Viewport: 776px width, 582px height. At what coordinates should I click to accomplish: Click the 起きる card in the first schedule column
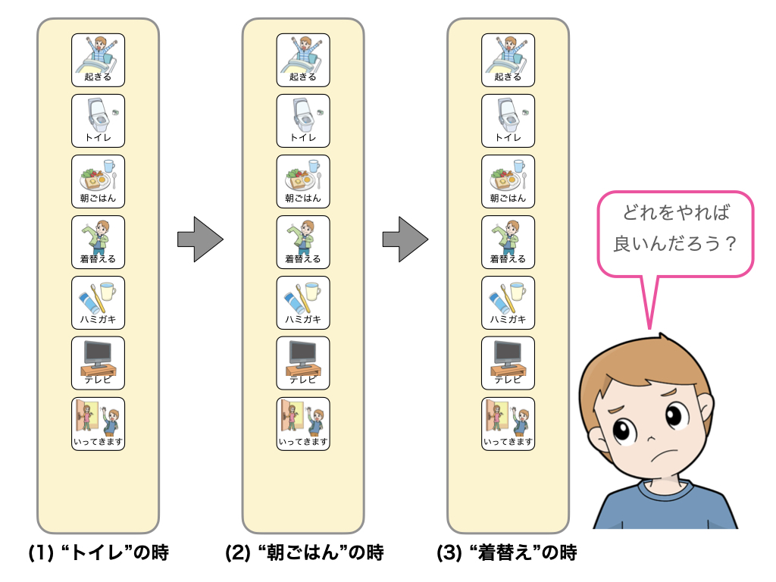[x=98, y=60]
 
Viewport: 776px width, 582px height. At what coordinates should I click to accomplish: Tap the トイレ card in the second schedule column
[x=303, y=120]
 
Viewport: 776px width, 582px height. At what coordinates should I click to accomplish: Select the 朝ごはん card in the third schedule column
[x=508, y=181]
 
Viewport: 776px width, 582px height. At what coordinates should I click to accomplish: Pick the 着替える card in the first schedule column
[x=98, y=242]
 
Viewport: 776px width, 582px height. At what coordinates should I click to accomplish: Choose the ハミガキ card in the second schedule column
[x=303, y=302]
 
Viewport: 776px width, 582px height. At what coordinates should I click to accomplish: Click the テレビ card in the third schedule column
[x=508, y=363]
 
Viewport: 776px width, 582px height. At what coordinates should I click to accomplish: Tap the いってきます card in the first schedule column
[x=98, y=424]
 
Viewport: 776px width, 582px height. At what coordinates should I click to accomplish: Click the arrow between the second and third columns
[x=405, y=240]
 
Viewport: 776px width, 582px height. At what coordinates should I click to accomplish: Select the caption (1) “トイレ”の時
[x=98, y=553]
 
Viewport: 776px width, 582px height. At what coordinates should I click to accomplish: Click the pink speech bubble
[x=675, y=233]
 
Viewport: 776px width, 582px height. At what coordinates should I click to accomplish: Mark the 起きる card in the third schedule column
[x=508, y=60]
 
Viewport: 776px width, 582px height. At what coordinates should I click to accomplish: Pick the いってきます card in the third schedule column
[x=508, y=424]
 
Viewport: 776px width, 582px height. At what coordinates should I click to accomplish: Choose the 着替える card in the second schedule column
[x=303, y=242]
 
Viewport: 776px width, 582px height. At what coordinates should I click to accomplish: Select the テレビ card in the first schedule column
[x=98, y=363]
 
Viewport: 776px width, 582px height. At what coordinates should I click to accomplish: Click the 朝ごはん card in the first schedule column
[x=98, y=181]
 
